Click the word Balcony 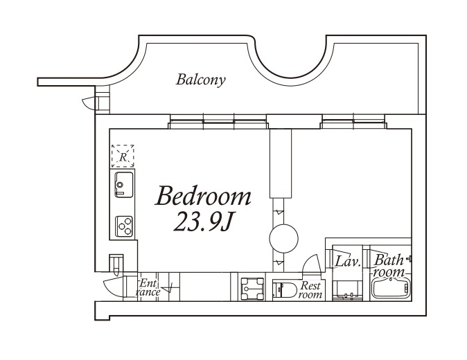pyautogui.click(x=200, y=80)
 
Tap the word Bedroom pyautogui.click(x=203, y=196)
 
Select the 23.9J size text pyautogui.click(x=202, y=222)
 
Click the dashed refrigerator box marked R pyautogui.click(x=123, y=156)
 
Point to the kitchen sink pyautogui.click(x=124, y=184)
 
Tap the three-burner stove pyautogui.click(x=124, y=226)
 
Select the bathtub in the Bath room pyautogui.click(x=391, y=288)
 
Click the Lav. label pyautogui.click(x=348, y=261)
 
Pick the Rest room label pyautogui.click(x=310, y=290)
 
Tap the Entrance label pyautogui.click(x=148, y=288)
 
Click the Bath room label pyautogui.click(x=389, y=266)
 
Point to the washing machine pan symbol pyautogui.click(x=252, y=289)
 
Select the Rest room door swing pyautogui.click(x=312, y=263)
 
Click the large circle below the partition pyautogui.click(x=283, y=238)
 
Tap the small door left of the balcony pyautogui.click(x=88, y=103)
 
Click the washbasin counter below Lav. pyautogui.click(x=347, y=290)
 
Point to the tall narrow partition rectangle pyautogui.click(x=281, y=163)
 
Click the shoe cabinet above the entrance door pyautogui.click(x=116, y=263)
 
